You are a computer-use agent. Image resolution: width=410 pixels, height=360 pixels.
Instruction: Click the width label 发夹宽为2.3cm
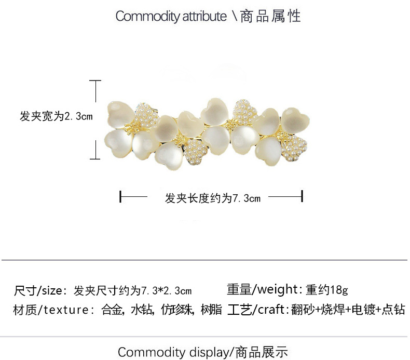[56, 116]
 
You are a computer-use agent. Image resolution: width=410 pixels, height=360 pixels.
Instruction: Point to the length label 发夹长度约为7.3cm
[212, 198]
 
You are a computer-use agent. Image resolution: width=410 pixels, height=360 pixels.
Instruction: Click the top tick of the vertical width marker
[94, 81]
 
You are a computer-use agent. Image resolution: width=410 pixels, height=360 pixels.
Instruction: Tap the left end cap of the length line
[120, 197]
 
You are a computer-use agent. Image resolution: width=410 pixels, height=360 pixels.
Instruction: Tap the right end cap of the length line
[302, 197]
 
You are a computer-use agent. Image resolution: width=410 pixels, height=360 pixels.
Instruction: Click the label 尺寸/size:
[39, 290]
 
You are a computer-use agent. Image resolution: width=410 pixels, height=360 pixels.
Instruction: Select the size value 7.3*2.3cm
[167, 290]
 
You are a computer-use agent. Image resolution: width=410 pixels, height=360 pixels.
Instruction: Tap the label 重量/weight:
[264, 289]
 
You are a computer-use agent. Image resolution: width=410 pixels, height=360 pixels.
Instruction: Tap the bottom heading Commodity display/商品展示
[202, 352]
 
